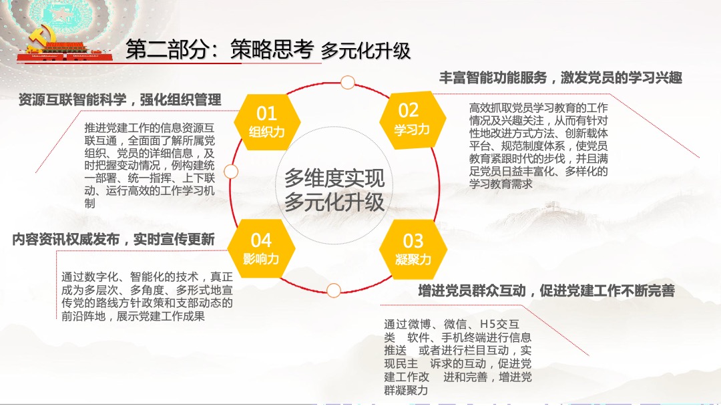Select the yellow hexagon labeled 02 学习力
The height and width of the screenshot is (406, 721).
pyautogui.click(x=411, y=118)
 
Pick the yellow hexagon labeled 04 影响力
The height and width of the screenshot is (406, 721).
pyautogui.click(x=261, y=248)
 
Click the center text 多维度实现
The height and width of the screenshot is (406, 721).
pyautogui.click(x=334, y=178)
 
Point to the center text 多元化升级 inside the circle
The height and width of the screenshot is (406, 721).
pyautogui.click(x=334, y=202)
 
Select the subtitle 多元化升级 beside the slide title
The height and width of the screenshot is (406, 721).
pyautogui.click(x=365, y=51)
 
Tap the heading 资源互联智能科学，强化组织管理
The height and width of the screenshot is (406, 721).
pyautogui.click(x=120, y=99)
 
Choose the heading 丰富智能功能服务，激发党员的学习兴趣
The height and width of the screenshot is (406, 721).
pyautogui.click(x=560, y=77)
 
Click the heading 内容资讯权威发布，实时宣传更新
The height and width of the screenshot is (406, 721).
pyautogui.click(x=113, y=239)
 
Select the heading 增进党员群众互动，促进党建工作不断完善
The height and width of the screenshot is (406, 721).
pyautogui.click(x=546, y=290)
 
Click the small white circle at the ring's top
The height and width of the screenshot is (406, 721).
pyautogui.click(x=347, y=82)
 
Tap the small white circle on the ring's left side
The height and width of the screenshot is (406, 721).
pyautogui.click(x=231, y=172)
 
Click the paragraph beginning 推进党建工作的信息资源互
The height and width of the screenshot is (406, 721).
pyautogui.click(x=150, y=165)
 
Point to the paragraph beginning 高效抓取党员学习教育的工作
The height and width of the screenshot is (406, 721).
pyautogui.click(x=538, y=146)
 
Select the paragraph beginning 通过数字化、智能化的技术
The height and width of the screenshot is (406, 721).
pyautogui.click(x=147, y=296)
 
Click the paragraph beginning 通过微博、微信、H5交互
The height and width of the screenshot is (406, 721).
pyautogui.click(x=458, y=357)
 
